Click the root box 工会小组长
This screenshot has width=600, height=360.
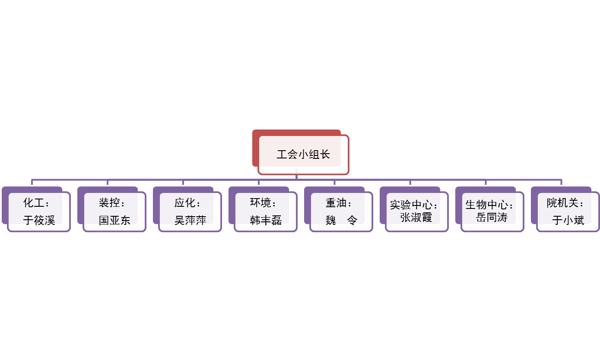coord(303,154)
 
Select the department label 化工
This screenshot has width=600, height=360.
coord(34,202)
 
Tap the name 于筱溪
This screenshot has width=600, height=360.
coord(39,220)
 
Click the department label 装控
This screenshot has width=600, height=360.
coord(109,202)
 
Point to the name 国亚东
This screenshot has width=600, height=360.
coord(114,220)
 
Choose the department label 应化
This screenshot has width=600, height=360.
coord(185,202)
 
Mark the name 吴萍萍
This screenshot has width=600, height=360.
coord(190,220)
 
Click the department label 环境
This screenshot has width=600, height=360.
coord(260,202)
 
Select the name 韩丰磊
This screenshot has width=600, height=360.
coord(266,220)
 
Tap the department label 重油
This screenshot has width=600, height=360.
coord(336,202)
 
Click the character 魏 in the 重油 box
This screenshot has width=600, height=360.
coord(331,220)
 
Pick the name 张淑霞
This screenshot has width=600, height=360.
coord(416,217)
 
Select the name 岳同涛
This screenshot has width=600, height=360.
coord(492,217)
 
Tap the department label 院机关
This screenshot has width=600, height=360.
coord(562,202)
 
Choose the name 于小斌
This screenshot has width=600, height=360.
coord(568,220)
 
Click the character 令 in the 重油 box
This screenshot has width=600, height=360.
coord(352,220)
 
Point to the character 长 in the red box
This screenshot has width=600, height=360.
coord(325,154)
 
